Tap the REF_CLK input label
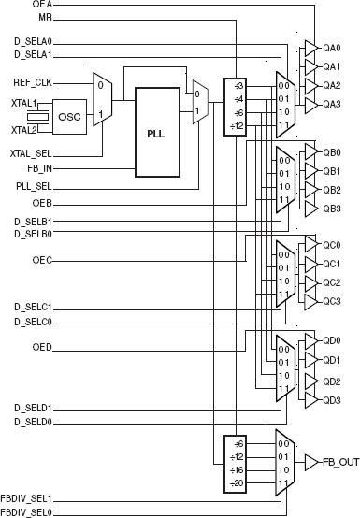[31, 82]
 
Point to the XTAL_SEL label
[31, 151]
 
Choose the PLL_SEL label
[35, 186]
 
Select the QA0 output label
[332, 48]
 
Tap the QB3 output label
[332, 208]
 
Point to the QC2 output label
[332, 282]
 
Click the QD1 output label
[332, 360]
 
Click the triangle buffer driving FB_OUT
[311, 462]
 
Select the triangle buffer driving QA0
[310, 48]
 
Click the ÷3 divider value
[239, 85]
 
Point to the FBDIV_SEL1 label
[26, 499]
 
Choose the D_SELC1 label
[32, 307]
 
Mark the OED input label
[42, 348]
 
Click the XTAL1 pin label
[23, 103]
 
